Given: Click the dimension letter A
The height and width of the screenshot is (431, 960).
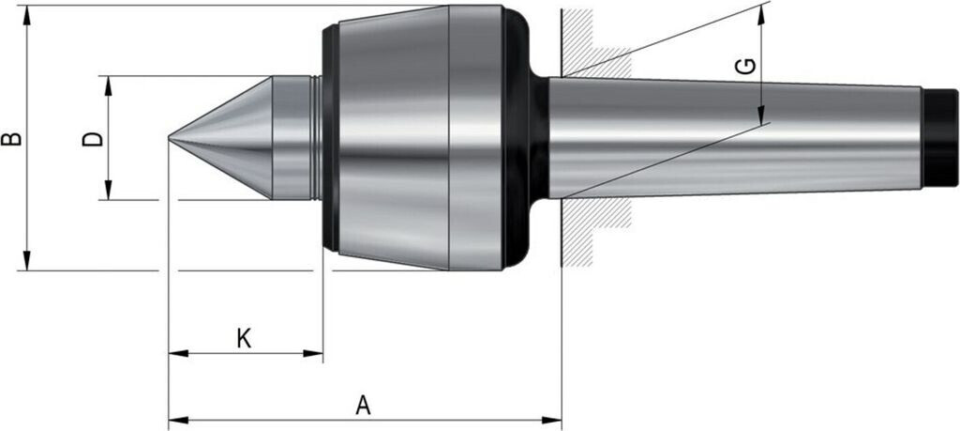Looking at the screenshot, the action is click(364, 406).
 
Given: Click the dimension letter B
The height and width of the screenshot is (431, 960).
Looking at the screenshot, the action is click(11, 138).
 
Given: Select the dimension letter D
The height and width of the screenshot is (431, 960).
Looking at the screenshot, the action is click(93, 139).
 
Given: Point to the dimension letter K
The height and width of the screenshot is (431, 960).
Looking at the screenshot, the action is click(244, 338).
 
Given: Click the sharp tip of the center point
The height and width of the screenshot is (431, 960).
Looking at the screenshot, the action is click(170, 139).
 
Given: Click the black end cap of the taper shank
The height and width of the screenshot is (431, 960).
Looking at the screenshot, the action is click(939, 138).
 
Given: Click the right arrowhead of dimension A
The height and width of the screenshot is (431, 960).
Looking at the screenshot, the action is click(551, 420).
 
